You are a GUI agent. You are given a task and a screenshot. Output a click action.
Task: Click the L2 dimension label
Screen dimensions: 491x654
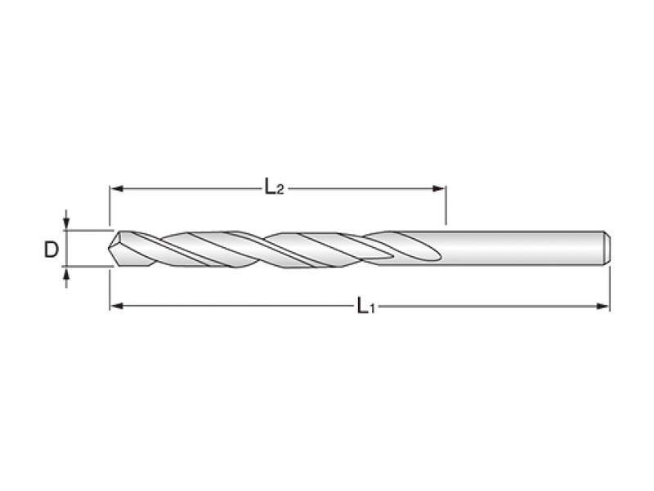(273, 187)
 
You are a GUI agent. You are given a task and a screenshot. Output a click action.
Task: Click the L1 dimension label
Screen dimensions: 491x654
(365, 306)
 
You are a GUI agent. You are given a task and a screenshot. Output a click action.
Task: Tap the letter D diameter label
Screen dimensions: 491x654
(51, 250)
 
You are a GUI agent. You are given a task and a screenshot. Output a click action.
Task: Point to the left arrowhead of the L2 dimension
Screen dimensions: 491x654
(115, 188)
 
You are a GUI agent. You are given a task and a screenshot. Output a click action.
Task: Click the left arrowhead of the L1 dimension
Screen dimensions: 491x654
(115, 306)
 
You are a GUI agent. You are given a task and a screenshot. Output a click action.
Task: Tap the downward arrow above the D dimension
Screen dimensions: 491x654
(66, 223)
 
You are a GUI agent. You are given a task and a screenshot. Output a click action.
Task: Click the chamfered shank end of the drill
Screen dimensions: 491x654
(607, 248)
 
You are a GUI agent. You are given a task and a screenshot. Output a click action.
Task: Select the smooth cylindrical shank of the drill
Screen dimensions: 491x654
(523, 248)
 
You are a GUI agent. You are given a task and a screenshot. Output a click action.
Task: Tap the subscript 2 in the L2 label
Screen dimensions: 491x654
(280, 191)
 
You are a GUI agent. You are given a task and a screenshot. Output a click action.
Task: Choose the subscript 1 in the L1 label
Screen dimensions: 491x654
(372, 309)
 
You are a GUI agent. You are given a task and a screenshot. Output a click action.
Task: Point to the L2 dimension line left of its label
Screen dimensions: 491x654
(188, 188)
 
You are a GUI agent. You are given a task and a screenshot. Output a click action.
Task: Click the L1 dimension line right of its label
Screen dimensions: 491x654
(490, 306)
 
